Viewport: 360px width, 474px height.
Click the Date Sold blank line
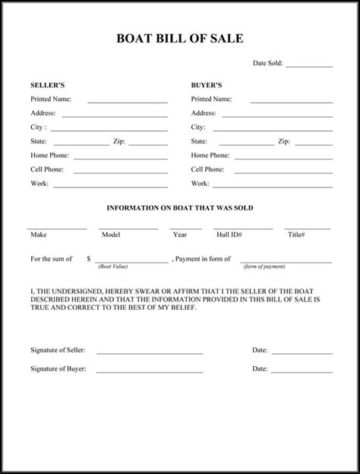(x=309, y=67)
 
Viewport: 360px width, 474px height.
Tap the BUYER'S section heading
(x=207, y=85)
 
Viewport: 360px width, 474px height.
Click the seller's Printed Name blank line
(x=127, y=102)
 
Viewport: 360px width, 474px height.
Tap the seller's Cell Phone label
(x=47, y=169)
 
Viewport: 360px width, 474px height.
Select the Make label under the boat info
(x=38, y=235)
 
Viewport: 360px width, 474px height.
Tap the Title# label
(x=296, y=235)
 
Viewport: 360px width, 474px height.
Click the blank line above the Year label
(x=185, y=228)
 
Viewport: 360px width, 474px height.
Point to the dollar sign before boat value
(x=90, y=259)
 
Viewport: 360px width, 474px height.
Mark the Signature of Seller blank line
(x=149, y=354)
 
